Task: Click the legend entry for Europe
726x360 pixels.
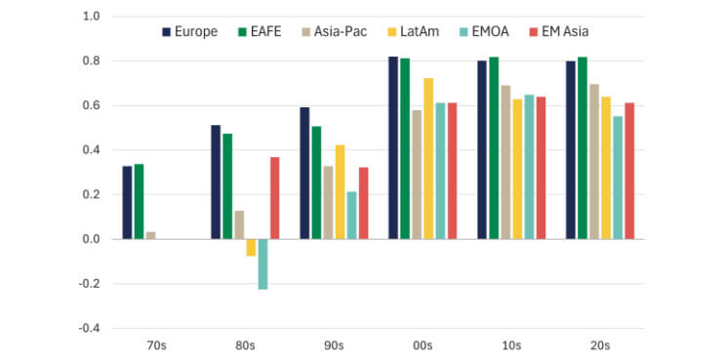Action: (189, 32)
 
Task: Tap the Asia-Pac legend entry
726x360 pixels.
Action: (335, 32)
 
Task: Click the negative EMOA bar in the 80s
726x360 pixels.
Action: (262, 263)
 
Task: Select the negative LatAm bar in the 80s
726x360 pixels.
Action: (251, 247)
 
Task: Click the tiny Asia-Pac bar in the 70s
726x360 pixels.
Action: (150, 235)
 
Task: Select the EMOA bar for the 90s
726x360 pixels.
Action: (351, 215)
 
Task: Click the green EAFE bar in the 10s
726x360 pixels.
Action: (494, 147)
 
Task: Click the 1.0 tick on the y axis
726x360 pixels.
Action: (92, 17)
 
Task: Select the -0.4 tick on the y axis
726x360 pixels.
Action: (90, 328)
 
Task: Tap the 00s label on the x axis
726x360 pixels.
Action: (423, 345)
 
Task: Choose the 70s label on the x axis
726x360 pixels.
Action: (156, 345)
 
